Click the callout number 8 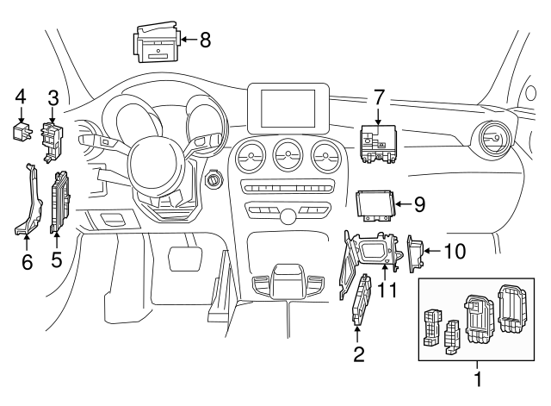[x=204, y=39]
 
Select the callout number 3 [x=53, y=97]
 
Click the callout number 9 [x=419, y=204]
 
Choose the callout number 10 [x=456, y=251]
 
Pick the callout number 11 [x=387, y=289]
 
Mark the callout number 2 [x=359, y=353]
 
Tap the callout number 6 [x=27, y=261]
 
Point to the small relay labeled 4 [x=22, y=130]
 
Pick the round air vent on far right [x=495, y=139]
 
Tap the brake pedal [x=183, y=257]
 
